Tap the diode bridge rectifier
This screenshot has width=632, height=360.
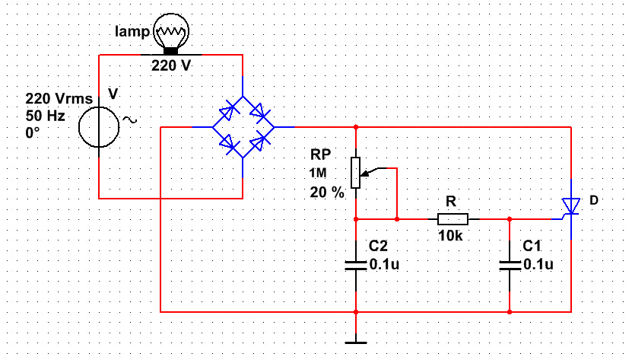pos(243,127)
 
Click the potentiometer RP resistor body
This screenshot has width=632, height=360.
pos(355,172)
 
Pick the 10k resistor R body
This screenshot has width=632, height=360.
pos(453,218)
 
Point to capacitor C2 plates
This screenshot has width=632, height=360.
pos(356,264)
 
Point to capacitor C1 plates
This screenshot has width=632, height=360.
pos(510,264)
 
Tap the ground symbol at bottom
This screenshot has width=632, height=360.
pos(356,341)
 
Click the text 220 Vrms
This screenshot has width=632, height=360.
pos(59,99)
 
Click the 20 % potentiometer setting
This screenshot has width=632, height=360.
pos(327,192)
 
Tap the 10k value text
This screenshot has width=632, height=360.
pos(450,237)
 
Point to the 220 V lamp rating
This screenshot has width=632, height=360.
pos(171,66)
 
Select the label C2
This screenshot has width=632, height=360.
pos(379,247)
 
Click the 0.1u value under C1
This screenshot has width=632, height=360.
pos(538,264)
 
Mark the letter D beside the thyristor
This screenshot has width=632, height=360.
pos(595,200)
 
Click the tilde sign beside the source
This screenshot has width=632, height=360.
pos(129,119)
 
